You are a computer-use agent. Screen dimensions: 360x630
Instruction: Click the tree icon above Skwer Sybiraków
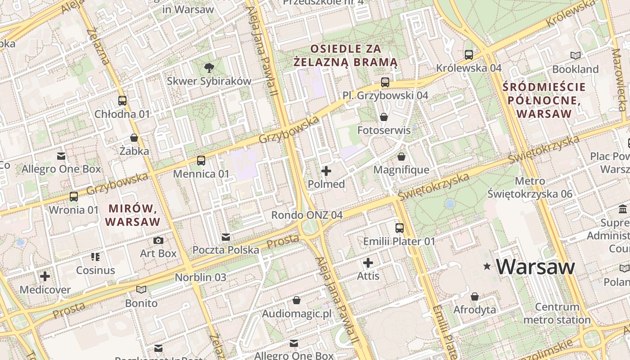(209, 68)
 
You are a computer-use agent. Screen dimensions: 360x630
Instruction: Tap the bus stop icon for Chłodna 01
(122, 101)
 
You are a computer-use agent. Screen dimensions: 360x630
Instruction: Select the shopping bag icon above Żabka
(134, 138)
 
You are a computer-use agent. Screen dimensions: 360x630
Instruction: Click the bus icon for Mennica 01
(201, 161)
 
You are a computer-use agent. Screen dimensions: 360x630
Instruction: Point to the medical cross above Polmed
(326, 171)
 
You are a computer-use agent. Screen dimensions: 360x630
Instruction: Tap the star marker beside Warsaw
(487, 266)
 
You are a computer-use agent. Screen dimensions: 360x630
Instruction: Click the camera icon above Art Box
(158, 241)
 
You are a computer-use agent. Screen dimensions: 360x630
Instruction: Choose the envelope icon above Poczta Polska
(226, 237)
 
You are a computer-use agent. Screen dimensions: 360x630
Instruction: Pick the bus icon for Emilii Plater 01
(399, 228)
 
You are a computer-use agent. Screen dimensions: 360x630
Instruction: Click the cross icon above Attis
(368, 263)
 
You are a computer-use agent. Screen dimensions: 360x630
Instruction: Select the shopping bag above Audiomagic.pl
(297, 300)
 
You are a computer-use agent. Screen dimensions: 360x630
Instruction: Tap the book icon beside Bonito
(141, 290)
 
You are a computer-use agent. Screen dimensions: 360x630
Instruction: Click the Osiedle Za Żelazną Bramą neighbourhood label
(346, 55)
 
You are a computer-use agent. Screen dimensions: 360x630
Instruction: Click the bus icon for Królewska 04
(469, 55)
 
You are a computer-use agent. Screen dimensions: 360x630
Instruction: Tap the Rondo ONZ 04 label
(307, 215)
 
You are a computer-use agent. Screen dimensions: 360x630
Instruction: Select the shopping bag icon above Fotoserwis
(384, 117)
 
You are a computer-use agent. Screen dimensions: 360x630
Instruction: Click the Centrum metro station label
(557, 314)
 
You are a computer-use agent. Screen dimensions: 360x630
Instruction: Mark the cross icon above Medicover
(45, 276)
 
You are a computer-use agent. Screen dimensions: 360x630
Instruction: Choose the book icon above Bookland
(575, 56)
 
